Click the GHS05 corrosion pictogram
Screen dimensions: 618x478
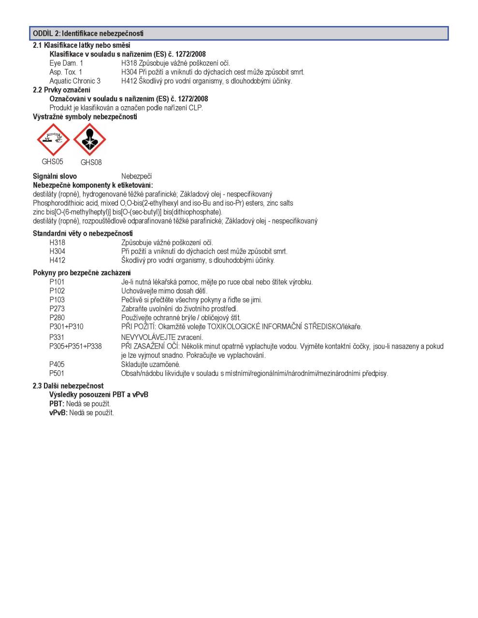(x=53, y=140)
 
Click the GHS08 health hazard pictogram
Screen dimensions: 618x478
(x=90, y=140)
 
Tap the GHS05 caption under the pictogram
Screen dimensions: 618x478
(x=52, y=162)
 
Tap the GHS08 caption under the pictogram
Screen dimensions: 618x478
(x=91, y=162)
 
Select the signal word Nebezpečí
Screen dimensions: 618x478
(x=136, y=176)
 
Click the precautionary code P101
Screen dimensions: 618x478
(x=57, y=282)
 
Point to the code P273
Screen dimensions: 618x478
(x=57, y=309)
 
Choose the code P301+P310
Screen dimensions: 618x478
(x=66, y=327)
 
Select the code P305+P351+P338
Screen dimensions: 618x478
(x=75, y=346)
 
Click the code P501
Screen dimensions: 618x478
(x=57, y=373)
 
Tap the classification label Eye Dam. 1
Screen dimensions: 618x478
(x=66, y=63)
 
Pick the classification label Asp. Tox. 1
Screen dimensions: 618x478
(x=66, y=72)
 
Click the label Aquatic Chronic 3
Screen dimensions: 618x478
(x=75, y=81)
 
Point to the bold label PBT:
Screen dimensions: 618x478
(x=57, y=404)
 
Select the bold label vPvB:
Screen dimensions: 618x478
(x=58, y=413)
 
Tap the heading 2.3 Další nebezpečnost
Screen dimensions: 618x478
(x=68, y=386)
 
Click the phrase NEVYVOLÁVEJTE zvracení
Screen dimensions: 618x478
(x=162, y=337)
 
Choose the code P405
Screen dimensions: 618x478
(x=57, y=365)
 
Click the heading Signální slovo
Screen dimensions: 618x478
(x=55, y=176)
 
